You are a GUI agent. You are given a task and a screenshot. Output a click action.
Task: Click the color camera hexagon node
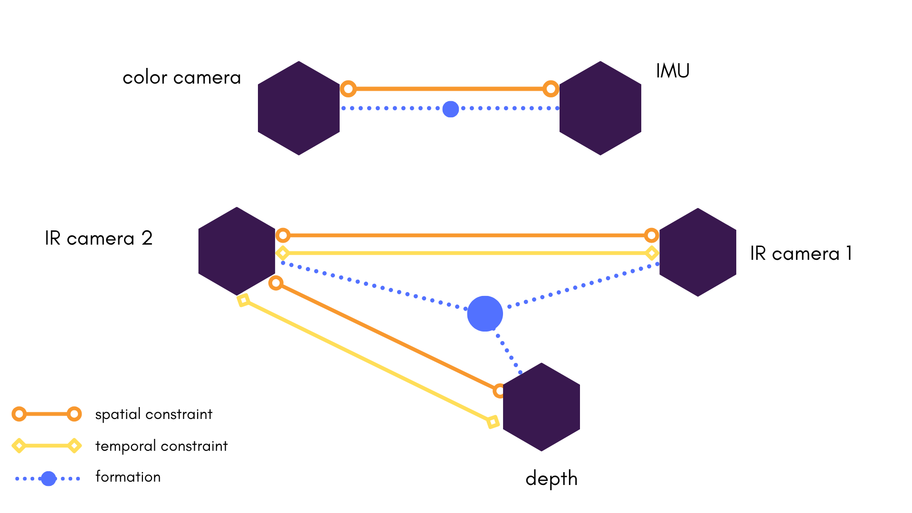click(298, 108)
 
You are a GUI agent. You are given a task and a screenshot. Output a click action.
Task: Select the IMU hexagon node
click(600, 108)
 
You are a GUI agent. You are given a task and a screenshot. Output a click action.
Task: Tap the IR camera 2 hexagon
click(237, 251)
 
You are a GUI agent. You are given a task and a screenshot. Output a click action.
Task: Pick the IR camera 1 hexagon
click(697, 252)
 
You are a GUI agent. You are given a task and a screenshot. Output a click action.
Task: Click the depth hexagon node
click(541, 407)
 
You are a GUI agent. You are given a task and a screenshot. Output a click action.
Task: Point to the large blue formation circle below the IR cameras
click(485, 314)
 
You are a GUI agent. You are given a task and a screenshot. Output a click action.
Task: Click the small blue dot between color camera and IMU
click(450, 109)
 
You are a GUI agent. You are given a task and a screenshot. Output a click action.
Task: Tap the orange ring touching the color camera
click(348, 89)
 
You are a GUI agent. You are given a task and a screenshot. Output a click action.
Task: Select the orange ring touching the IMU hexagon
click(551, 89)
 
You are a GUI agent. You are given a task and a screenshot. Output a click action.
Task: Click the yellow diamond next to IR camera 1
click(652, 253)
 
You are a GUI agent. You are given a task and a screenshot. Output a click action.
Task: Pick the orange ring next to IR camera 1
click(651, 235)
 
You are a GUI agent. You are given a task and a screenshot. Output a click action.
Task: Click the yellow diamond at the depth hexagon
click(493, 422)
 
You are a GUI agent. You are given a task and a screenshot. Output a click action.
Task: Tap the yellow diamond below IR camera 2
click(243, 300)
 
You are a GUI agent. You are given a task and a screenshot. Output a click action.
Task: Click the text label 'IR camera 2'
click(99, 238)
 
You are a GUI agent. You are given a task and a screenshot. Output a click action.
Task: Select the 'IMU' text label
click(673, 71)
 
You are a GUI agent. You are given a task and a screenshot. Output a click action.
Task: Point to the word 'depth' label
click(551, 479)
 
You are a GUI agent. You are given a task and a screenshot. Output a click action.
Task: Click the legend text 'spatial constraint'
click(153, 414)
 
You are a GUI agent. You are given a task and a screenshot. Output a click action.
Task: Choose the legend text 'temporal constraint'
click(161, 446)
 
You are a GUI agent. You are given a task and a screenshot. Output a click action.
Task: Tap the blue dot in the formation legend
click(48, 478)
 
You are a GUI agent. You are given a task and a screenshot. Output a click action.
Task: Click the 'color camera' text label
click(181, 78)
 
